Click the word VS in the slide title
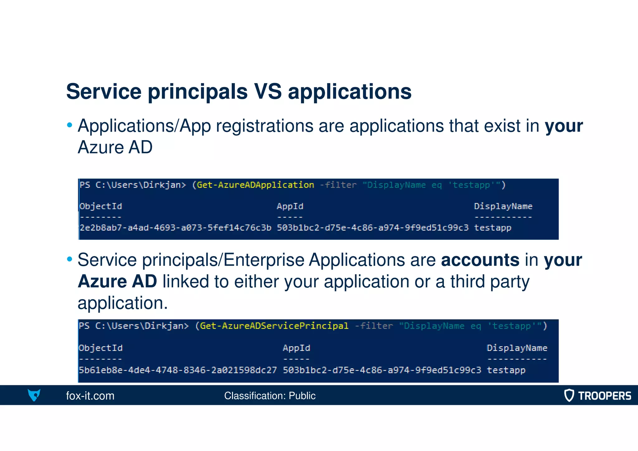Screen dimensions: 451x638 (x=268, y=92)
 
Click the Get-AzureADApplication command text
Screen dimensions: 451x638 (x=255, y=185)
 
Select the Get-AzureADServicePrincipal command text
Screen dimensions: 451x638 (x=274, y=326)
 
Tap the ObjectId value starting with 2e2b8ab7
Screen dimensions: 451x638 (x=175, y=228)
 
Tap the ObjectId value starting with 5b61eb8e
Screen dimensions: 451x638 (x=178, y=370)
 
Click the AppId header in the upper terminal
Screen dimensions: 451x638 (x=290, y=206)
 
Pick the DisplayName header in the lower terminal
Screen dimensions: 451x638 (x=517, y=348)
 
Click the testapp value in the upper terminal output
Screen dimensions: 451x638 (x=493, y=228)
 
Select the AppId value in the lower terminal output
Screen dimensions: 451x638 (x=382, y=370)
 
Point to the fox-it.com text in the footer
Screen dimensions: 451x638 (x=90, y=396)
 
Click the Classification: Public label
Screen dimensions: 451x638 (x=269, y=396)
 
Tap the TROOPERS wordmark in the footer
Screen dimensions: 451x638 (x=604, y=396)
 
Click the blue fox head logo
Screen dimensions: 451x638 (x=34, y=395)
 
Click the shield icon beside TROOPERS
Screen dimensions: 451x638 (x=569, y=395)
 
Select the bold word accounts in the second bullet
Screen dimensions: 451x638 (x=480, y=260)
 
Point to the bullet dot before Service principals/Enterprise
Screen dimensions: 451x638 (x=69, y=259)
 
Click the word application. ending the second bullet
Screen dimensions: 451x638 (x=122, y=303)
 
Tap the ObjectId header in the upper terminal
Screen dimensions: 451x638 (x=101, y=206)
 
